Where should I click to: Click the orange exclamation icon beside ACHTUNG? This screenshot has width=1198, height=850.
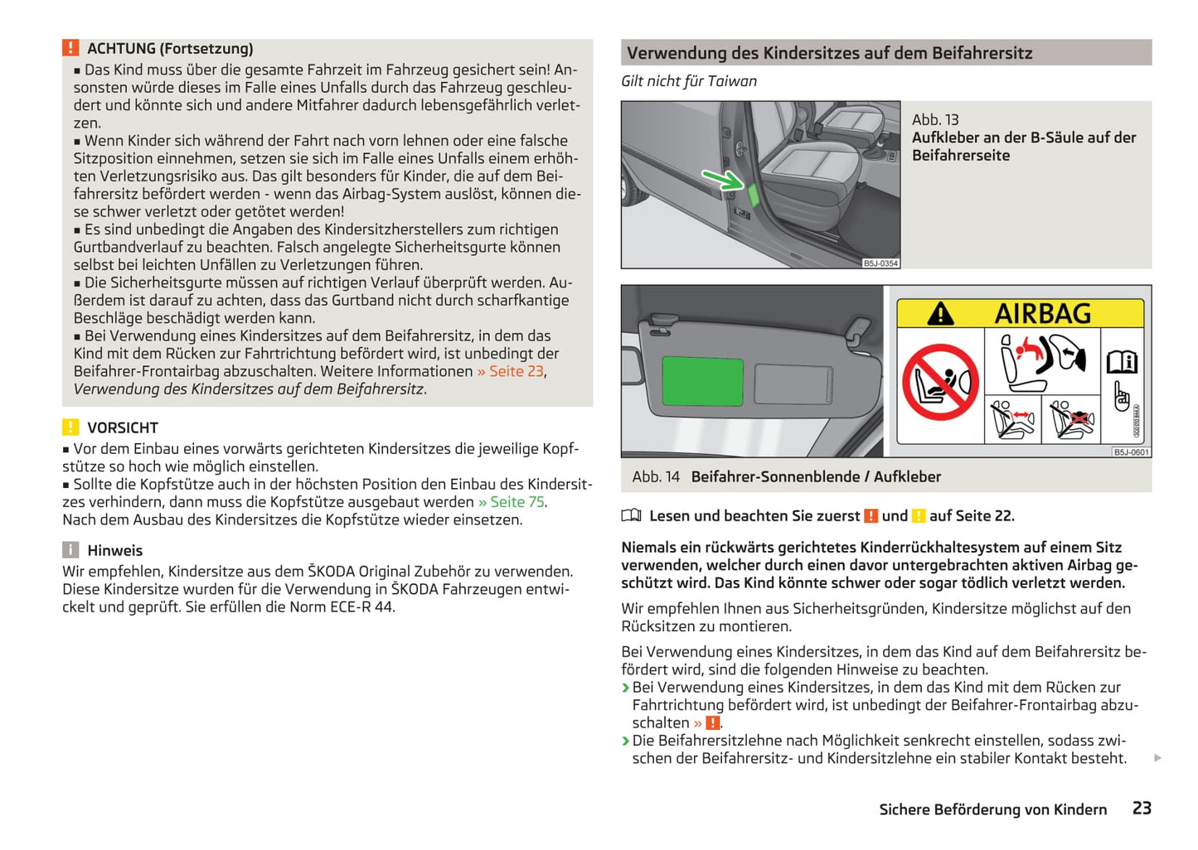(70, 48)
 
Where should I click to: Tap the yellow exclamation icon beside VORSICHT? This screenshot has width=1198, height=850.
(70, 427)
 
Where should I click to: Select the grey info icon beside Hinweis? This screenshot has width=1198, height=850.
(70, 550)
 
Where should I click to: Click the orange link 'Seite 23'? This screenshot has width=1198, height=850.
(516, 371)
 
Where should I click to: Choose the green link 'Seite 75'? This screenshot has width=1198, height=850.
(517, 502)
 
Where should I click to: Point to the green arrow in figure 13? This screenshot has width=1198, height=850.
(722, 178)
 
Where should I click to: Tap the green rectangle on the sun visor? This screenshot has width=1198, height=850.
(702, 380)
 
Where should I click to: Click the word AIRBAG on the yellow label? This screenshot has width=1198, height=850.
(1042, 314)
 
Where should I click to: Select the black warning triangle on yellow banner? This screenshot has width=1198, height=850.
(940, 314)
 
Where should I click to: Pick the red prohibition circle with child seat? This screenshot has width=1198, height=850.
(940, 383)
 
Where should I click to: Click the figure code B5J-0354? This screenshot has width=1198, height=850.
(880, 263)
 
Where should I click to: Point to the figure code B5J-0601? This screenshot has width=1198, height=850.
(1131, 452)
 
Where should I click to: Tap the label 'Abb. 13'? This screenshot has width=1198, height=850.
(935, 120)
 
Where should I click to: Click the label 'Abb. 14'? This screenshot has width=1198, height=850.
(656, 477)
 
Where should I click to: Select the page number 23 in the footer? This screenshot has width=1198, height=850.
(1142, 809)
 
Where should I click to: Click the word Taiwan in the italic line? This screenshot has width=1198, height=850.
(732, 81)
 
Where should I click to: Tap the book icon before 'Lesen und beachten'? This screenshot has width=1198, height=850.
(631, 516)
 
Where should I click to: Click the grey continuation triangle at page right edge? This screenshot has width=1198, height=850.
(1157, 758)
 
